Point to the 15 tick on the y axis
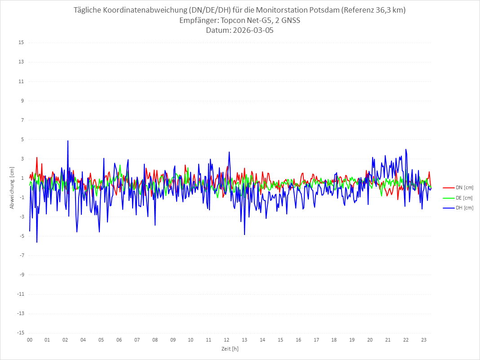[21, 43]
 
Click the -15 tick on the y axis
[20, 333]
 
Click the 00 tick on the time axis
[30, 340]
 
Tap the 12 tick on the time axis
[227, 340]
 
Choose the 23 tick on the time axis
[424, 340]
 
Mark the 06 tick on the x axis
[119, 340]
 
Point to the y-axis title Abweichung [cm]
[12, 188]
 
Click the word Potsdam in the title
[324, 10]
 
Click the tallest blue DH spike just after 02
[68, 141]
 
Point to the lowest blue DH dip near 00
[37, 242]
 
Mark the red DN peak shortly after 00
[37, 157]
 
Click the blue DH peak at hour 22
[405, 149]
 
